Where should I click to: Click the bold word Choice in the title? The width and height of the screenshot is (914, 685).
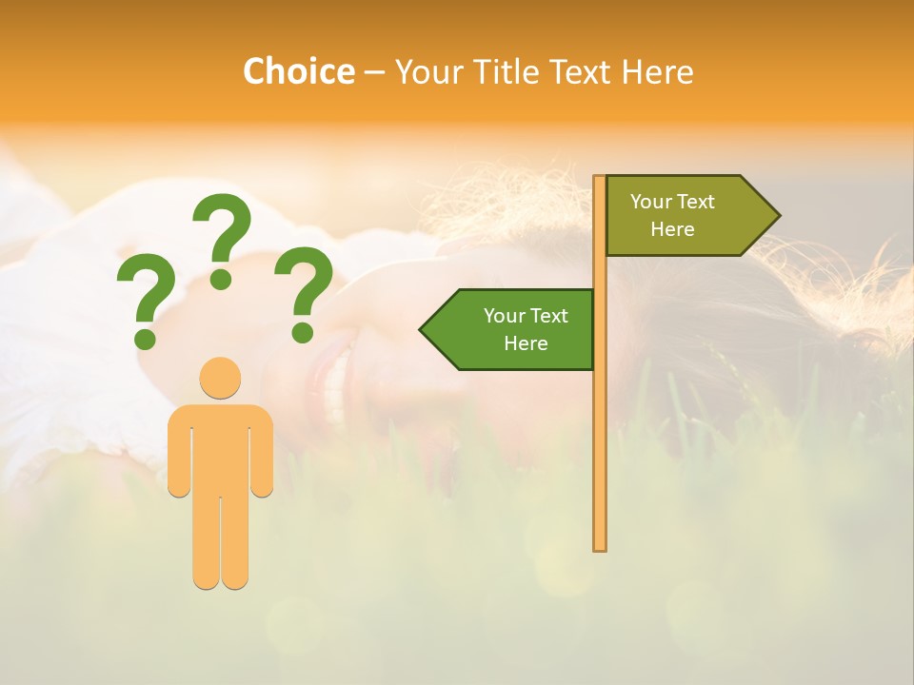click(x=298, y=72)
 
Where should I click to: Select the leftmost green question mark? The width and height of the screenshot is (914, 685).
click(x=145, y=295)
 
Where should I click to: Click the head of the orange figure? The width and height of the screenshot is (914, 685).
click(x=220, y=378)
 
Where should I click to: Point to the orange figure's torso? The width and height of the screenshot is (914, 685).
click(x=220, y=447)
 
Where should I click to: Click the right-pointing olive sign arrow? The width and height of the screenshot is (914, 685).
click(x=685, y=216)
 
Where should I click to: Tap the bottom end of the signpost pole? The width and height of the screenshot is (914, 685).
click(x=600, y=546)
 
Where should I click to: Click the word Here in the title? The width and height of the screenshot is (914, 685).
click(x=657, y=72)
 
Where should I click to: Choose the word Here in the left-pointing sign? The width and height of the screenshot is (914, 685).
click(x=526, y=343)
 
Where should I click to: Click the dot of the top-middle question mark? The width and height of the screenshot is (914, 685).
click(x=221, y=279)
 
